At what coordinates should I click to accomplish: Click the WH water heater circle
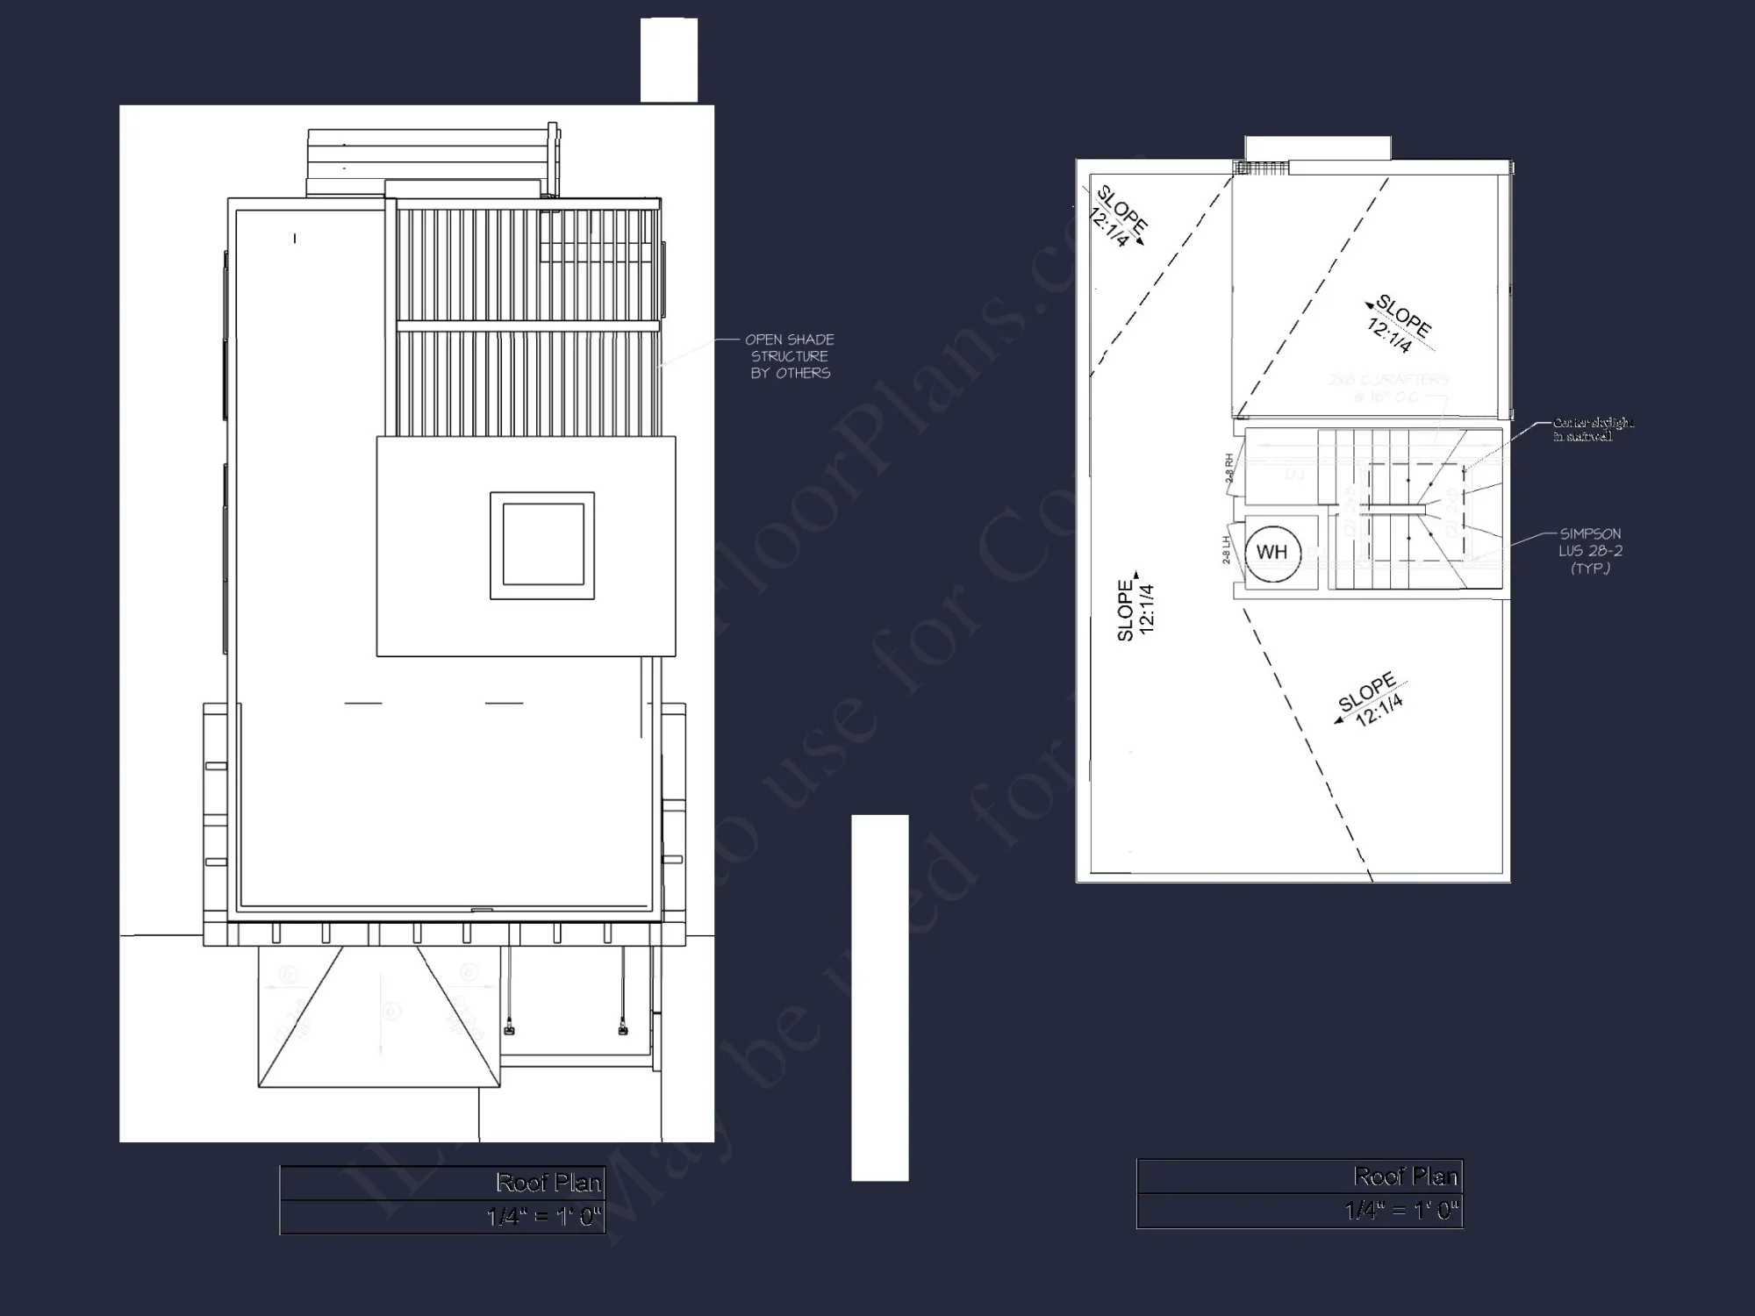coord(1271,553)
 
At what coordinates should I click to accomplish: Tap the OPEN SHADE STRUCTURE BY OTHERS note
coord(789,356)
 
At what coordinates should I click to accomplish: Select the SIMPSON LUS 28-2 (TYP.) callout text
coord(1590,551)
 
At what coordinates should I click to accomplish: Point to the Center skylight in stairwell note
coord(1593,429)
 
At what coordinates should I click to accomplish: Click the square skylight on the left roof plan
coord(542,545)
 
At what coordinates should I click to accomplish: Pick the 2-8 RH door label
coord(1229,469)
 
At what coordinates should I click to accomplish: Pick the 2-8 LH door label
coord(1226,550)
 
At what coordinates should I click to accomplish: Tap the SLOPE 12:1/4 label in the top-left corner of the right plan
coord(1117,218)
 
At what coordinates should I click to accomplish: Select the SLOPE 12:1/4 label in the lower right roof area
coord(1371,700)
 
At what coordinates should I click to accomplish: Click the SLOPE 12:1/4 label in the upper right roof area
coord(1397,324)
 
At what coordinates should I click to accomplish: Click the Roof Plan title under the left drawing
coord(548,1183)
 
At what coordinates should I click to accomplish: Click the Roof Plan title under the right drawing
coord(1405,1176)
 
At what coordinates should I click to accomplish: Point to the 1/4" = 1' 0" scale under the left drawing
coord(544,1217)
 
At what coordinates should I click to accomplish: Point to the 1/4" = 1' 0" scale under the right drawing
coord(1401,1211)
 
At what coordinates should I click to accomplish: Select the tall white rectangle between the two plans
coord(879,998)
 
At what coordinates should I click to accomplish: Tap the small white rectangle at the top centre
coord(669,60)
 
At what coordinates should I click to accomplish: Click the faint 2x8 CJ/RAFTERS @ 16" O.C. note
coord(1388,388)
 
